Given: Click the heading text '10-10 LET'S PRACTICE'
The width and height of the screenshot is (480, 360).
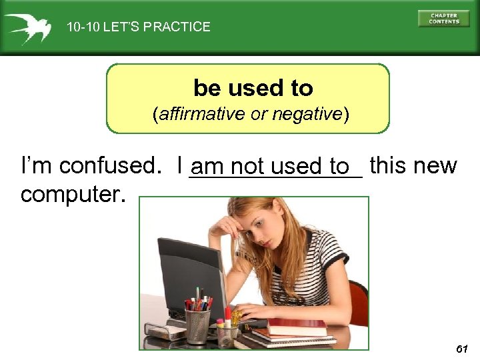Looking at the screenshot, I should [138, 27].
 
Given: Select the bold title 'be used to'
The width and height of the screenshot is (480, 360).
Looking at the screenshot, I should [253, 87].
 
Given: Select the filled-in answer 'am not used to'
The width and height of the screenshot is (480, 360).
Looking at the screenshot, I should [275, 167].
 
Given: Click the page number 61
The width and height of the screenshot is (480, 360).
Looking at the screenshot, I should [462, 349].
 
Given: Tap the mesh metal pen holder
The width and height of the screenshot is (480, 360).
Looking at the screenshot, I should [198, 325].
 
